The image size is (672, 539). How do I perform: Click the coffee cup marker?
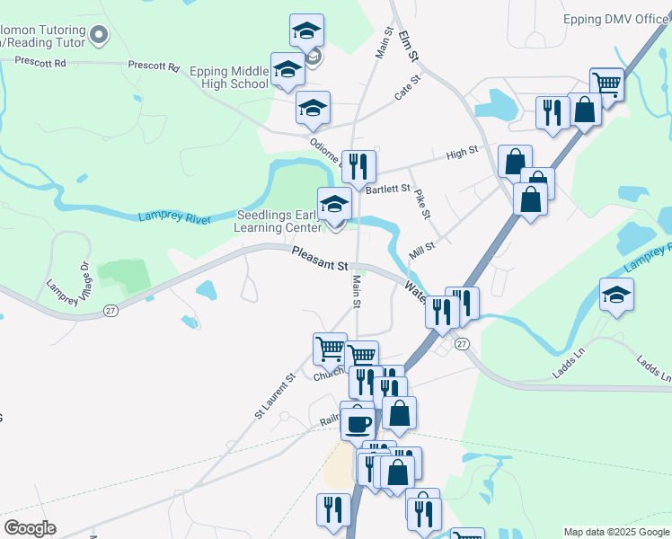[358, 422]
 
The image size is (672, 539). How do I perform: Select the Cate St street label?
[408, 89]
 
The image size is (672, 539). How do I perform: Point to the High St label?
[462, 155]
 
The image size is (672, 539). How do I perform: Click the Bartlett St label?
[388, 189]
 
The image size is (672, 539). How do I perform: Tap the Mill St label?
[422, 249]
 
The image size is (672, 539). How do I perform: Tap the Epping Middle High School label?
[229, 77]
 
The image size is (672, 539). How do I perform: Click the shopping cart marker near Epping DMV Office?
[607, 84]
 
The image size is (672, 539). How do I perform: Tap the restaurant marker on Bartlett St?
[358, 165]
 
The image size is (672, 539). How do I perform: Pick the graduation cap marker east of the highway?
[616, 295]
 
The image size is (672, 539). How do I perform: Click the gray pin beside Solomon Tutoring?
[99, 37]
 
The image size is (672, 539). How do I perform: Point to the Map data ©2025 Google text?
[616, 532]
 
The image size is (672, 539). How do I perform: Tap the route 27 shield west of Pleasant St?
[111, 310]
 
